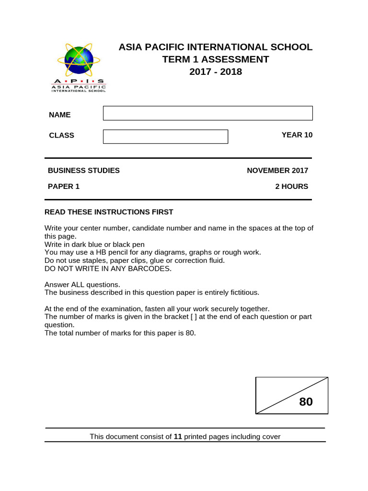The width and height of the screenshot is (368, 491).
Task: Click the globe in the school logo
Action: [x=79, y=60]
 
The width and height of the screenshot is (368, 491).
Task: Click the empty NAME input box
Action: [x=207, y=113]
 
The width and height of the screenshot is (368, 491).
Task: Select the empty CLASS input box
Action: [x=165, y=137]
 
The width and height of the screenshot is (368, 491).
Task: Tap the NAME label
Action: [x=59, y=115]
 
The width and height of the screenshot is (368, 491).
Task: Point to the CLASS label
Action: [x=61, y=136]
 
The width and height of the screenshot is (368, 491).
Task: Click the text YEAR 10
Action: [x=297, y=135]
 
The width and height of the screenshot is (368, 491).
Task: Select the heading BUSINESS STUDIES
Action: [x=83, y=171]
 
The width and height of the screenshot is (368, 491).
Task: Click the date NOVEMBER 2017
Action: [x=277, y=171]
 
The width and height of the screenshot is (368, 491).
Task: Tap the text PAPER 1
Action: [x=63, y=187]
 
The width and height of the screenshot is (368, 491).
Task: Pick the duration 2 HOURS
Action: [x=291, y=187]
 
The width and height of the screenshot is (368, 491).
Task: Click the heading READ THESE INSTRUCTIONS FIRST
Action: [x=109, y=212]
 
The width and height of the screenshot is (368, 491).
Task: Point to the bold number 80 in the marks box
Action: [x=306, y=402]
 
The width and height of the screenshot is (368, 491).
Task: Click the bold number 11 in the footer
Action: [x=178, y=437]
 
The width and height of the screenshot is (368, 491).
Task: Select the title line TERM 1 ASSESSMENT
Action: [x=215, y=59]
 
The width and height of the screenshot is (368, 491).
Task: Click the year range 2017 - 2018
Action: [x=215, y=72]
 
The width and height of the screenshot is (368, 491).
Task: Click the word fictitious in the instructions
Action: [x=241, y=292]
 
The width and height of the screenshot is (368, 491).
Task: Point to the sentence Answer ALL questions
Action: [x=82, y=284]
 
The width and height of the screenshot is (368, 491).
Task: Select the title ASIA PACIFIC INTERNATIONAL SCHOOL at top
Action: [x=215, y=47]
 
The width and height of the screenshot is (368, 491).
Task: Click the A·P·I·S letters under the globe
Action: [x=79, y=82]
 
